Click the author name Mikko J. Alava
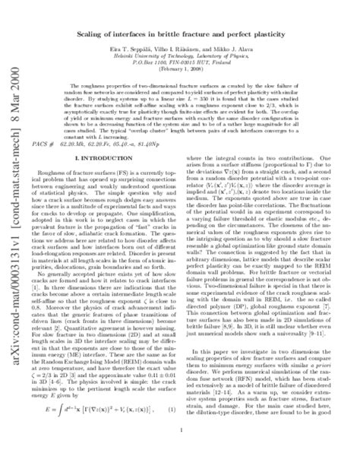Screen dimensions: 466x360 [245, 44]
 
